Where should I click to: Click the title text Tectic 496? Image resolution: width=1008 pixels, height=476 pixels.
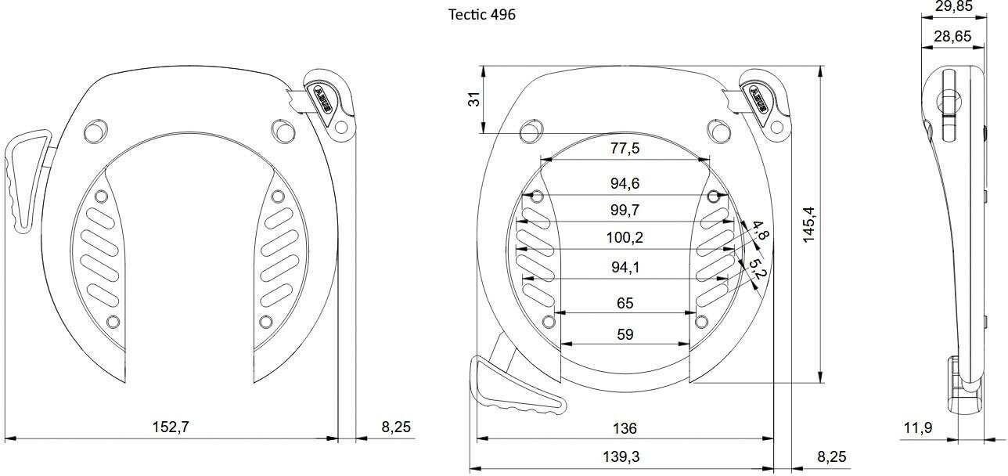coord(482,15)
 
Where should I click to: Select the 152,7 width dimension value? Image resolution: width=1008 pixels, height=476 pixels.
coord(171,427)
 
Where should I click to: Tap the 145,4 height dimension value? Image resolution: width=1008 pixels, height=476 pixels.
coord(808,224)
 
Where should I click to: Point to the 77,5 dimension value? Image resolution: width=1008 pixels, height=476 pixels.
coord(625,149)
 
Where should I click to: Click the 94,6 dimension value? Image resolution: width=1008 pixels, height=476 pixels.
coord(625,184)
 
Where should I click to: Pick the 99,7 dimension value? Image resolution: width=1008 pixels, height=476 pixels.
coord(625,210)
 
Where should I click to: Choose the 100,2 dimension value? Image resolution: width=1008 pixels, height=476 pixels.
coord(625,237)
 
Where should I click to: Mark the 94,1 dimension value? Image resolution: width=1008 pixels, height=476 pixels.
coord(625,267)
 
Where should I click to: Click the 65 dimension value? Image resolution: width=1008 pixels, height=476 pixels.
coord(625,303)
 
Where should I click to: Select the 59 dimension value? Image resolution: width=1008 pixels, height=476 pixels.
coord(625,334)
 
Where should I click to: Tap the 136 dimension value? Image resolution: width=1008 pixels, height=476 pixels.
coord(625,428)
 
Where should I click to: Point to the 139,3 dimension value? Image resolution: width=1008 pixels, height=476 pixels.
coord(625,457)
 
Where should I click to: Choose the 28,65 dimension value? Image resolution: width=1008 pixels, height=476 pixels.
coord(953,36)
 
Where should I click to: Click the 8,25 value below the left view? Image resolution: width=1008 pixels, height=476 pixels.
coord(395,427)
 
